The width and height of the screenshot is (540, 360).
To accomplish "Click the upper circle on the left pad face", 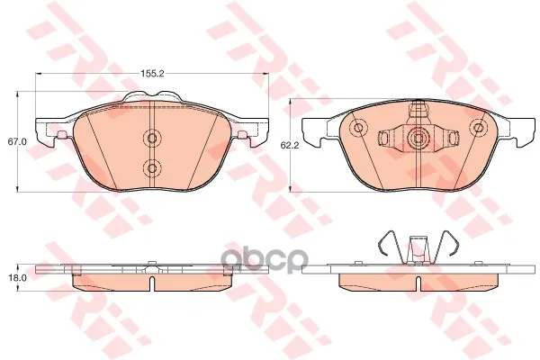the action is tap(151, 138).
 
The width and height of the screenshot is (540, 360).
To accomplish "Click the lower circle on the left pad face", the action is tap(151, 167).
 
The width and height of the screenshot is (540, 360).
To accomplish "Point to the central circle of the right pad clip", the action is tap(418, 138).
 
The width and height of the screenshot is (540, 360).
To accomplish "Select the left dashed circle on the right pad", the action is tap(358, 128).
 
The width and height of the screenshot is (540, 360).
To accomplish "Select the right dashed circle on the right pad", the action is tap(478, 128).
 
